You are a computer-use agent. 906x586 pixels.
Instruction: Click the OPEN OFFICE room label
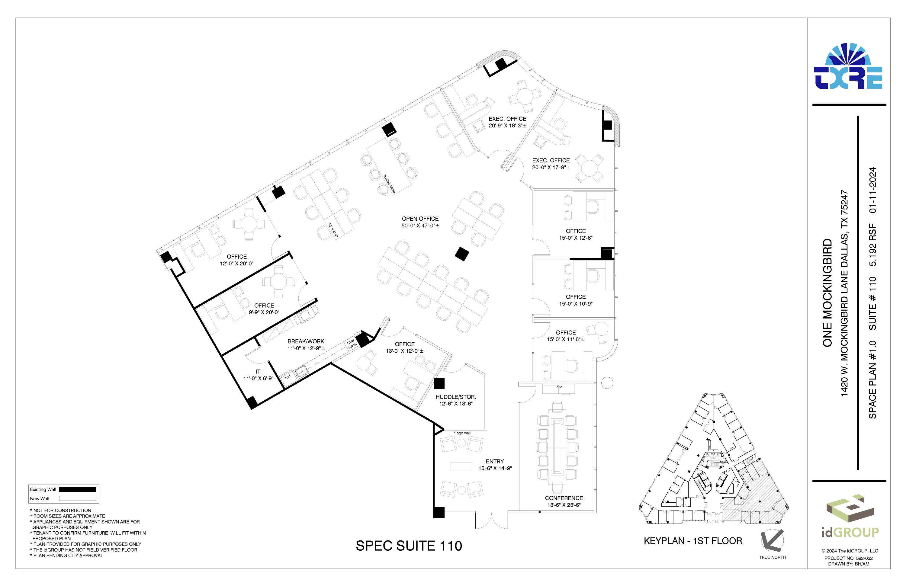point(420,219)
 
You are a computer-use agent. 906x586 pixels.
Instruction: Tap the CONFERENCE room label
point(564,498)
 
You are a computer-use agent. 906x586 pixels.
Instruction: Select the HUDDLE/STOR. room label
point(456,397)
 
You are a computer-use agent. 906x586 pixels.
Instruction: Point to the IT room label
point(258,372)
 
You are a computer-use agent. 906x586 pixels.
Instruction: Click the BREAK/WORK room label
point(306,341)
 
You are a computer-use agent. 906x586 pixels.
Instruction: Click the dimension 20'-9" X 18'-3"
point(507,126)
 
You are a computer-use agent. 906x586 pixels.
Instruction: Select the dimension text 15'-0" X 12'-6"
point(576,238)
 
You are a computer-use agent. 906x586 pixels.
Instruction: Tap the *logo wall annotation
point(462,433)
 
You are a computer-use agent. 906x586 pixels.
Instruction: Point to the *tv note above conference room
point(559,387)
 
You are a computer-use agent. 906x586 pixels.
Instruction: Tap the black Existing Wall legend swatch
point(78,489)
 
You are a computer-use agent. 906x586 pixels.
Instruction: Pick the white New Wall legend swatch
point(78,498)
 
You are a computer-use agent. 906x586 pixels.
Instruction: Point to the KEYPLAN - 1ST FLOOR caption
point(693,541)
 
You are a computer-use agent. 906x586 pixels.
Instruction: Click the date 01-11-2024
point(873,190)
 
